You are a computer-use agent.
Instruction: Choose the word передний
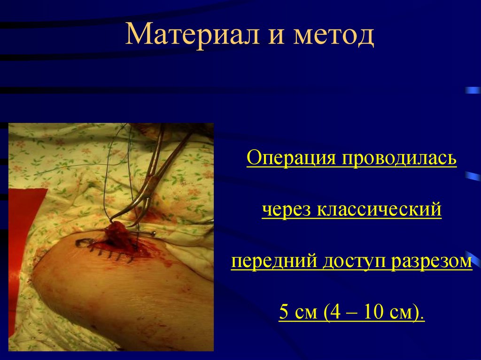click(273, 261)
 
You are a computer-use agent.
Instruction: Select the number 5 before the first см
click(284, 312)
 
